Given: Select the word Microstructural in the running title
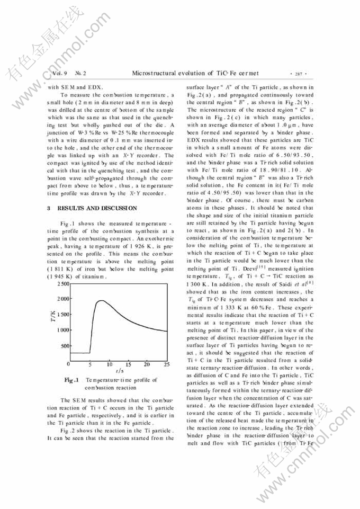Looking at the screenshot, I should click(156, 72).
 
